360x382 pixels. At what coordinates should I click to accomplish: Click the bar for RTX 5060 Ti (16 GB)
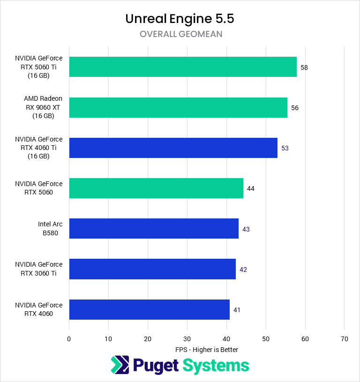click(x=183, y=67)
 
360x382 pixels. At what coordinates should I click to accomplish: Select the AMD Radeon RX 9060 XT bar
click(x=178, y=107)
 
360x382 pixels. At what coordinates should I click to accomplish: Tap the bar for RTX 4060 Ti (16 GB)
click(x=173, y=148)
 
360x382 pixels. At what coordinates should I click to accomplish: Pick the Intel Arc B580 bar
click(x=154, y=229)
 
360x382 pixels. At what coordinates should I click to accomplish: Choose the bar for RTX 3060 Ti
click(x=152, y=269)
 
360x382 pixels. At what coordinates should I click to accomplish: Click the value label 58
click(x=304, y=67)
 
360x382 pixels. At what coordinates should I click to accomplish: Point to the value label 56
click(x=295, y=108)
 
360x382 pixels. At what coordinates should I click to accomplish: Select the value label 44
click(x=251, y=188)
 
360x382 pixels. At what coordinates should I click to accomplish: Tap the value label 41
click(x=237, y=310)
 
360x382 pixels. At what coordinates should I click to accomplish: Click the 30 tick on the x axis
click(x=187, y=339)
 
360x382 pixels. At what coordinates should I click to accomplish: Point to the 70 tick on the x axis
click(x=345, y=339)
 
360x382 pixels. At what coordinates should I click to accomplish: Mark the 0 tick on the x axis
click(x=69, y=339)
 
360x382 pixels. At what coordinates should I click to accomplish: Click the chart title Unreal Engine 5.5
click(x=180, y=19)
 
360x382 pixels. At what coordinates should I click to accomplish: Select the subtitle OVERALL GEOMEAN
click(x=180, y=34)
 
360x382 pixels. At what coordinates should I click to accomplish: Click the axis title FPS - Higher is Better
click(x=207, y=350)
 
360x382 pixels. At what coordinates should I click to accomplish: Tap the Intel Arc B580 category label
click(x=50, y=229)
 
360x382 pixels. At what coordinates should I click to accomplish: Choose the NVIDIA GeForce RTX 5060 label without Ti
click(x=38, y=188)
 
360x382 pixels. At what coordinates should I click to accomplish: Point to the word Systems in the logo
click(x=216, y=365)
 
